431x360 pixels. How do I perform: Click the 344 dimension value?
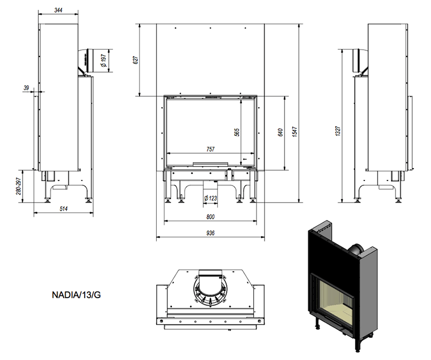pyautogui.click(x=58, y=10)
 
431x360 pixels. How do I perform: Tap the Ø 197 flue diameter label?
pyautogui.click(x=103, y=60)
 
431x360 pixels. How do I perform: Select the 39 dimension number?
pyautogui.click(x=26, y=88)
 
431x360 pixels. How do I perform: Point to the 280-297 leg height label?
pyautogui.click(x=19, y=186)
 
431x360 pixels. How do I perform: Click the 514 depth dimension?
pyautogui.click(x=64, y=209)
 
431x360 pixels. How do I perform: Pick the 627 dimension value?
pyautogui.click(x=136, y=60)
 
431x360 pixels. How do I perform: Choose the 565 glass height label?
pyautogui.click(x=237, y=132)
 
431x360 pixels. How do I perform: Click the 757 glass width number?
pyautogui.click(x=210, y=149)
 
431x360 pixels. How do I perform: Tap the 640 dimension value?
pyautogui.click(x=280, y=132)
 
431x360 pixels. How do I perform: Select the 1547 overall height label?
pyautogui.click(x=295, y=132)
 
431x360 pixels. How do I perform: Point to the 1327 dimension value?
pyautogui.click(x=338, y=131)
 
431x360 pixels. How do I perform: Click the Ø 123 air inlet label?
pyautogui.click(x=210, y=198)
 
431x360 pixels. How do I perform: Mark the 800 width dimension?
pyautogui.click(x=210, y=217)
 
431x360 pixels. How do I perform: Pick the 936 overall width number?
pyautogui.click(x=210, y=233)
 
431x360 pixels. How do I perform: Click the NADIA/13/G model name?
pyautogui.click(x=76, y=295)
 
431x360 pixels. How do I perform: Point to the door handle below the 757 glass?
pyautogui.click(x=210, y=164)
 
